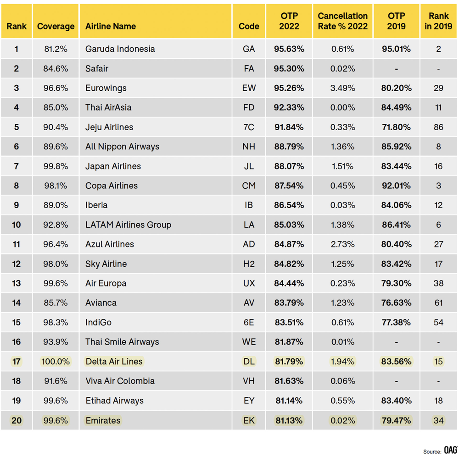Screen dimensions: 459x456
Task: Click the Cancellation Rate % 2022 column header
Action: tap(342, 21)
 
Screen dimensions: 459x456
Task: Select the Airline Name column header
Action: tap(110, 26)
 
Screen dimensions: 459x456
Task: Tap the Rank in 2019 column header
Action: tap(438, 21)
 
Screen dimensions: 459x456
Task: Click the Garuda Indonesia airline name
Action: tap(120, 49)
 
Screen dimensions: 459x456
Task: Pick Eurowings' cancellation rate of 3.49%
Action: tap(342, 88)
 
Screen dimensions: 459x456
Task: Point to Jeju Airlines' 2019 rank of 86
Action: tap(438, 127)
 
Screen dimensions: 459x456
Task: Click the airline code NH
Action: tap(249, 147)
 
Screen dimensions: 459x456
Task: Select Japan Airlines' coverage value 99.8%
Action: tap(56, 166)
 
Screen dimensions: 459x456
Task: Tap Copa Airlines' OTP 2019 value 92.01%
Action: tap(396, 186)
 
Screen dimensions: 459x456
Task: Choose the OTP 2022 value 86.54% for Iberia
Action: tap(289, 205)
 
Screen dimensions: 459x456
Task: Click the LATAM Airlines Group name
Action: tap(128, 225)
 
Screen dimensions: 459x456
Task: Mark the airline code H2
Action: tap(249, 264)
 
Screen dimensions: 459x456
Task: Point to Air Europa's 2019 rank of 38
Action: tap(438, 283)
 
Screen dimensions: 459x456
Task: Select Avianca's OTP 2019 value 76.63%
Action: tap(396, 303)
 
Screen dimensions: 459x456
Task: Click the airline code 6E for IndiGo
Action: tap(249, 323)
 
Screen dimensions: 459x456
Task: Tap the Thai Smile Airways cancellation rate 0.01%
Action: tap(342, 342)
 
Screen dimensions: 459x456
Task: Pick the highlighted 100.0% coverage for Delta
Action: tap(56, 362)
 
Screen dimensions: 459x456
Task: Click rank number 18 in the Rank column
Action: tap(17, 381)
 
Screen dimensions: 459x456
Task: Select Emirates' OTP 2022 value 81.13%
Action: tap(289, 421)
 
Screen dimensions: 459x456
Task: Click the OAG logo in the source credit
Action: tap(451, 450)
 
